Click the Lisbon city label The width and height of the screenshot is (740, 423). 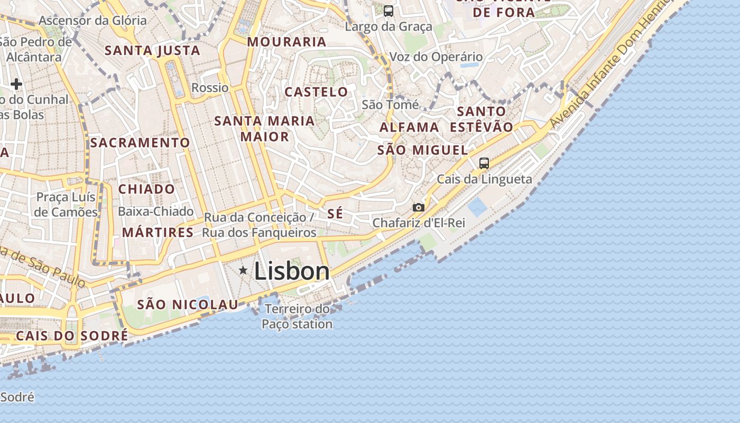292,271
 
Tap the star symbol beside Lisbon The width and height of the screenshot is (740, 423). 243,271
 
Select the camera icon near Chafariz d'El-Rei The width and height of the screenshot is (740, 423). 419,207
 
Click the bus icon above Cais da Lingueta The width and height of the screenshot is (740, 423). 484,163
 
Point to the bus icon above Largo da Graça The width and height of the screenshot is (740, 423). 388,11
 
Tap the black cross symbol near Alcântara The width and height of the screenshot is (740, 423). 16,84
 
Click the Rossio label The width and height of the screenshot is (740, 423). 210,88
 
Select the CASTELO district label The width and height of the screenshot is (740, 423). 317,92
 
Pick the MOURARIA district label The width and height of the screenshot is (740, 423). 286,42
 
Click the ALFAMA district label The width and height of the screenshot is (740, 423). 409,127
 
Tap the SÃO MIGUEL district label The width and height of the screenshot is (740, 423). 423,150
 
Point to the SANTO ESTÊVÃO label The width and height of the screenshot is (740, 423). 482,119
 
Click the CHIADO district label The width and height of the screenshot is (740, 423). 146,189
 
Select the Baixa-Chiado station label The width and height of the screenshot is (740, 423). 155,212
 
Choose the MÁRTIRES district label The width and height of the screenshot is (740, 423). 158,233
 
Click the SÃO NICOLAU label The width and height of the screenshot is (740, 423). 188,305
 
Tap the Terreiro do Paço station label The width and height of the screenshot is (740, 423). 297,316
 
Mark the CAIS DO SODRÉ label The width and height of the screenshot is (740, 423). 72,336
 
